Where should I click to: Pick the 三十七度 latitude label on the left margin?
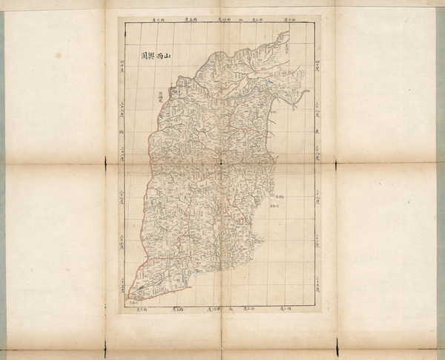(121, 194)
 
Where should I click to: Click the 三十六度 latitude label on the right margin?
(317, 239)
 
